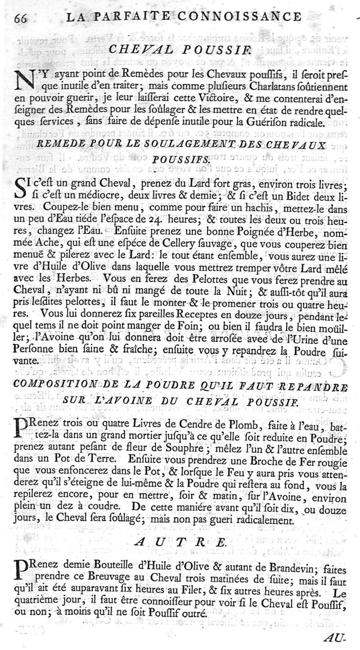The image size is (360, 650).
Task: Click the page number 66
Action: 21,18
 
